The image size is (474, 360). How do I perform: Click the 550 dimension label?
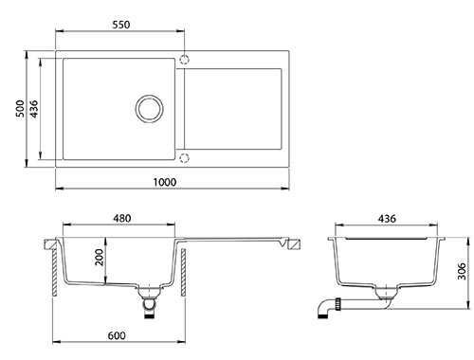121,25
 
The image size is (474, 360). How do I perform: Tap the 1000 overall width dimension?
165,182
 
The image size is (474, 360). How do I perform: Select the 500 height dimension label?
20,108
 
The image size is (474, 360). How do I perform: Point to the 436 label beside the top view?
34,109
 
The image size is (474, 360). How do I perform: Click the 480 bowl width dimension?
122,218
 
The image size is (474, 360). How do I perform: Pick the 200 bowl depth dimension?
100,257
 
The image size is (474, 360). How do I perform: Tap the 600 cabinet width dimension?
117,335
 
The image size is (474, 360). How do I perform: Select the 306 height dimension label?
462,271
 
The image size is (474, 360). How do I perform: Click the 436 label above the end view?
387,219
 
